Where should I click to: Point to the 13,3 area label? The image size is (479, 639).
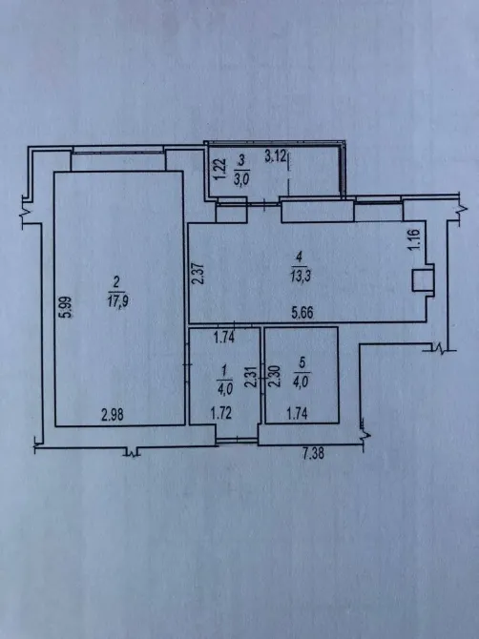(300, 270)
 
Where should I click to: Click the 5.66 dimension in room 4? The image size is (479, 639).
(305, 311)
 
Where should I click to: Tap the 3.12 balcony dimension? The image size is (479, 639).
(276, 155)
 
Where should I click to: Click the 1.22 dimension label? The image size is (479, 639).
(218, 172)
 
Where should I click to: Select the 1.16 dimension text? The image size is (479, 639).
(413, 239)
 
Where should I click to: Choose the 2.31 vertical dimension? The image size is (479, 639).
(250, 380)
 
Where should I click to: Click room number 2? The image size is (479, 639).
(116, 280)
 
